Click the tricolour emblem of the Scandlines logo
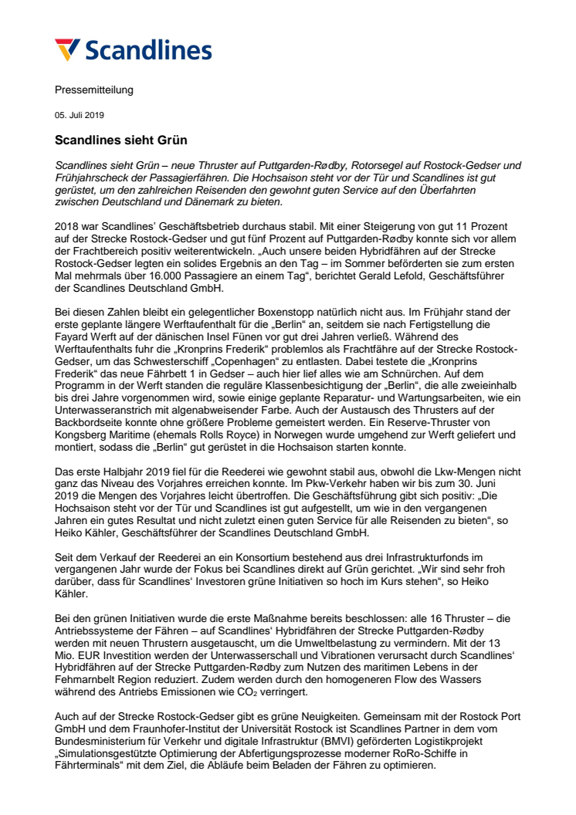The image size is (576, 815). (x=67, y=50)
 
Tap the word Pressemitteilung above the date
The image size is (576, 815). (x=93, y=90)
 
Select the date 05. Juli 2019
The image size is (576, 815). (x=80, y=115)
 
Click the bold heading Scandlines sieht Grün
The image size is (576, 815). (x=120, y=140)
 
